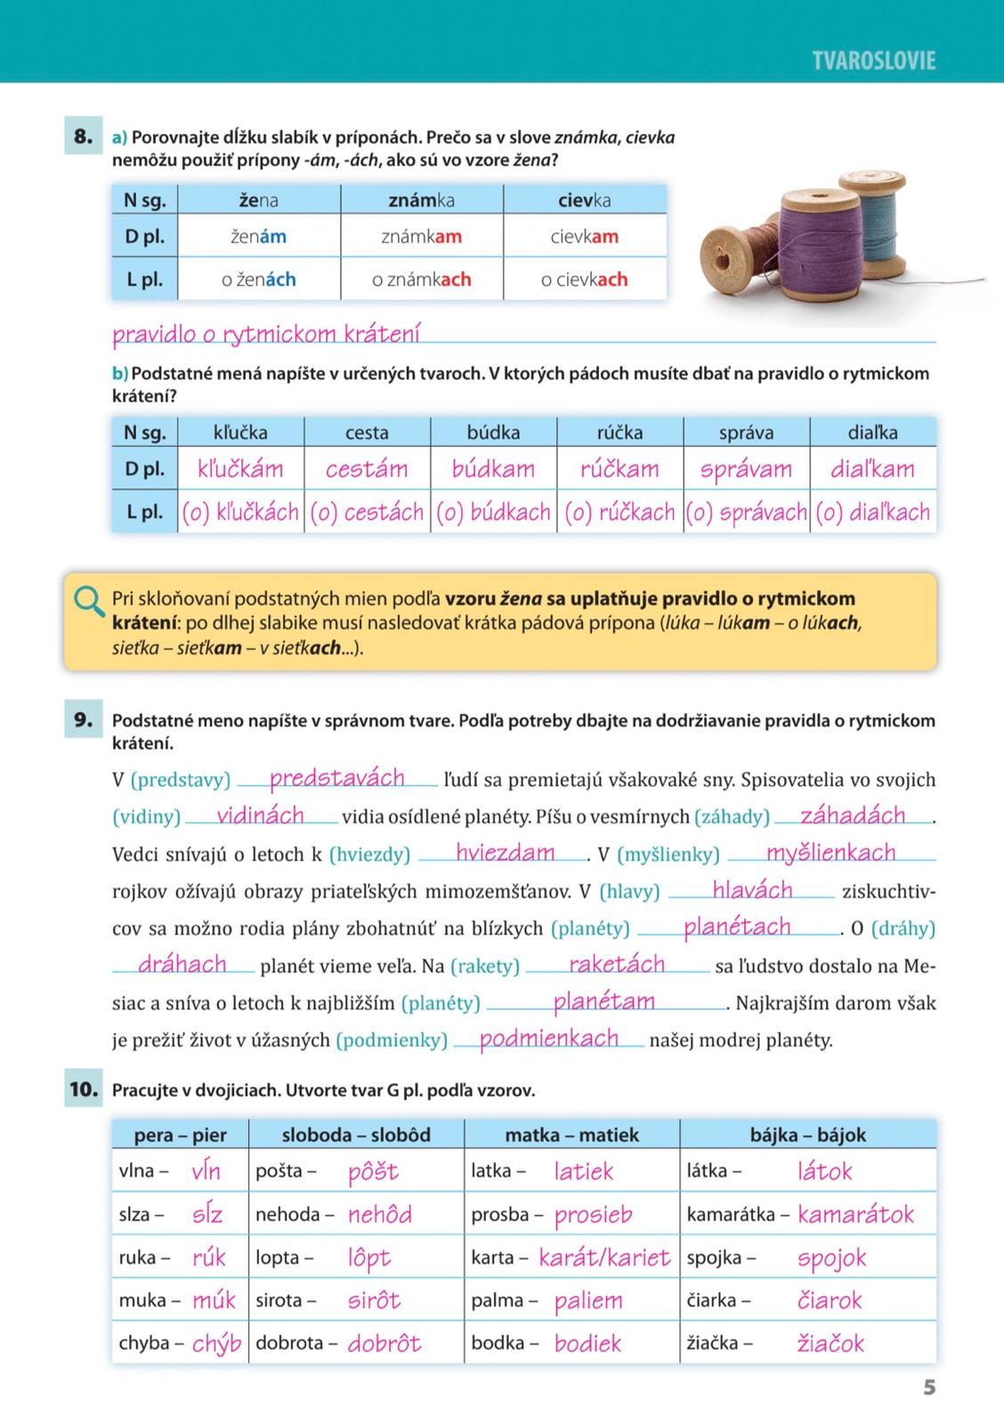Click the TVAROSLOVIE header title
[x=873, y=61]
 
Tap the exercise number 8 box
[x=83, y=137]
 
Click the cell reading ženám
[x=258, y=237]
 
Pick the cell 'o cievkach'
[x=584, y=279]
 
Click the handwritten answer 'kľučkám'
[x=240, y=469]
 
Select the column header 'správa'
[x=746, y=433]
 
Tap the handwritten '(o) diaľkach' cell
[x=872, y=513]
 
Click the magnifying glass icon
[x=89, y=601]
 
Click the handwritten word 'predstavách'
[x=337, y=778]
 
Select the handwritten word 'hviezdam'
[x=505, y=853]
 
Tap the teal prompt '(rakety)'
[x=485, y=967]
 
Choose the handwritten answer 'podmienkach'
[x=548, y=1039]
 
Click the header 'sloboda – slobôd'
[x=356, y=1135]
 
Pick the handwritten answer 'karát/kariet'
[x=604, y=1258]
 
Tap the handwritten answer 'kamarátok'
[x=855, y=1215]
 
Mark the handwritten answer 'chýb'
[x=217, y=1344]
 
